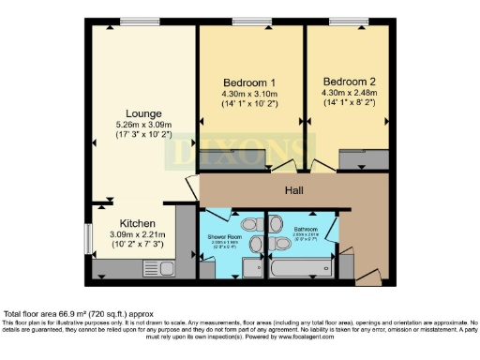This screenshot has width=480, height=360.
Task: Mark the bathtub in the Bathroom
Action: tap(293, 269)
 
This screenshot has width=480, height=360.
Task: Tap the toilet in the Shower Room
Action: tap(248, 225)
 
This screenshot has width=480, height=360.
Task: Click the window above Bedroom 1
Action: tap(247, 22)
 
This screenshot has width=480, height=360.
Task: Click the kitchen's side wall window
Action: tap(87, 237)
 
